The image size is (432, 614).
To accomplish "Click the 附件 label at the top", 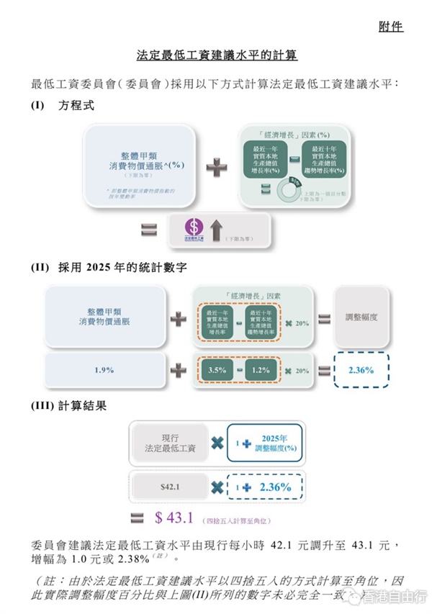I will click(390, 27).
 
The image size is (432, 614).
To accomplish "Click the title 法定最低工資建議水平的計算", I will click(217, 55).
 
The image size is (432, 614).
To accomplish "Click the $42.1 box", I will click(170, 487).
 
